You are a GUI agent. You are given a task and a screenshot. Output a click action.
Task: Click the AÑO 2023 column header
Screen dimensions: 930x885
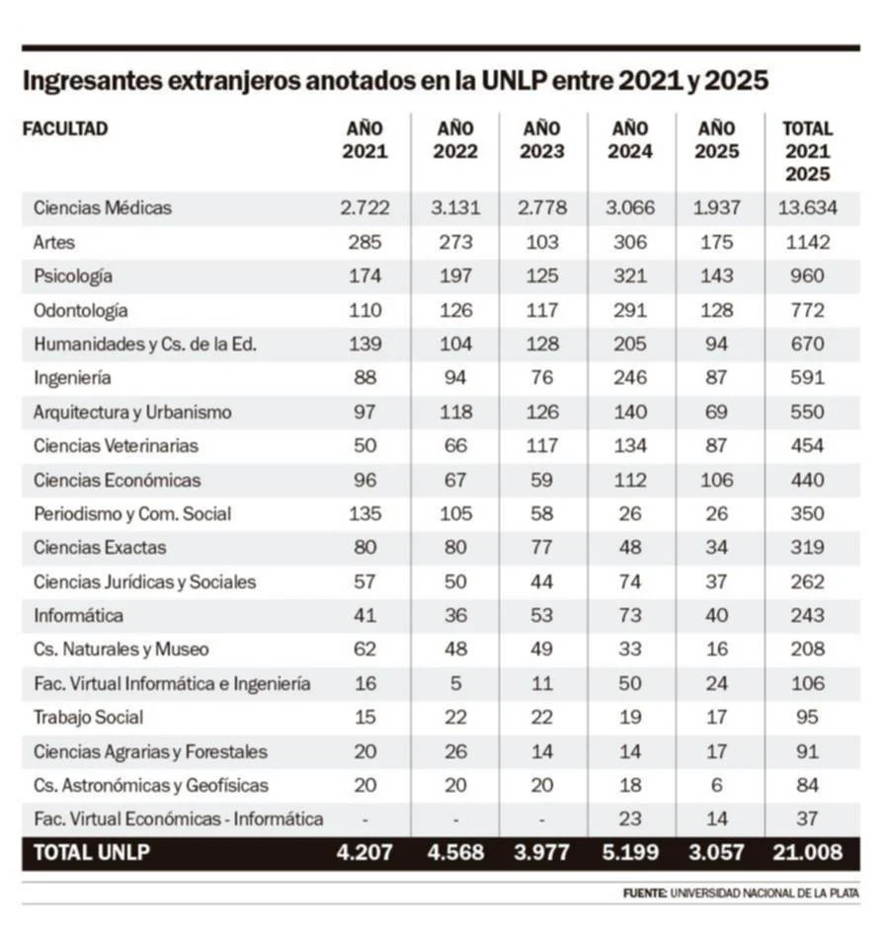pos(543,139)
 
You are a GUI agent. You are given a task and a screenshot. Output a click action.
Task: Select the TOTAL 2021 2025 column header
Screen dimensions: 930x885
pos(807,150)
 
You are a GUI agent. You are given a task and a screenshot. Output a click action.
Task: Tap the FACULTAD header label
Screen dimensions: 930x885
pos(65,128)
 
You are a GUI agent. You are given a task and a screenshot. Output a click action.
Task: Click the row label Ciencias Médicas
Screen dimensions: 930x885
pos(103,208)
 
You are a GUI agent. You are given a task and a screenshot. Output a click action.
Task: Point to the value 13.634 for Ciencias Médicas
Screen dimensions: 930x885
pos(807,208)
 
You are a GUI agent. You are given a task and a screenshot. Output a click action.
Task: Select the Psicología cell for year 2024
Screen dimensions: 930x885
pos(629,276)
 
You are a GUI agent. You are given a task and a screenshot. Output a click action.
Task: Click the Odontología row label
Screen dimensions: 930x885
pos(81,310)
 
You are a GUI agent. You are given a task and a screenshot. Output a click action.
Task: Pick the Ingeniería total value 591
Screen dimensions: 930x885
pos(807,378)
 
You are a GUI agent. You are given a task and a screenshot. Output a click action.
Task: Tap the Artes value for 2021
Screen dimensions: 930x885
pos(365,242)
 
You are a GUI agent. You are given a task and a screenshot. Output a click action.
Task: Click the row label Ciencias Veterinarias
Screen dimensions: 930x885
pos(116,446)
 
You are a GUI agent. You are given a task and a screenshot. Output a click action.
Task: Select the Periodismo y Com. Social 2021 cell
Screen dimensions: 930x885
pos(365,514)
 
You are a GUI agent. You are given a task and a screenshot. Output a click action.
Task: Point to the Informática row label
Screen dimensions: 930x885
pos(79,616)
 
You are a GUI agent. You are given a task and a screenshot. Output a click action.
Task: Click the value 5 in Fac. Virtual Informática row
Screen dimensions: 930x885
pos(454,684)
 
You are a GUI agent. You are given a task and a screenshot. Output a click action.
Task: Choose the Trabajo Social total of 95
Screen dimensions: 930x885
pos(807,718)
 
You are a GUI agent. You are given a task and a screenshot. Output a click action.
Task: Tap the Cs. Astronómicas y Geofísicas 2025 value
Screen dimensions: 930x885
pos(717,786)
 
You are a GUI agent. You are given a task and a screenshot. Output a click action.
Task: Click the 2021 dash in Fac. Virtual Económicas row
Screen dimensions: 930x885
pos(365,819)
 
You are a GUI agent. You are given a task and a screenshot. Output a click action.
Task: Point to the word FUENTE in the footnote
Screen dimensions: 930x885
pos(644,893)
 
